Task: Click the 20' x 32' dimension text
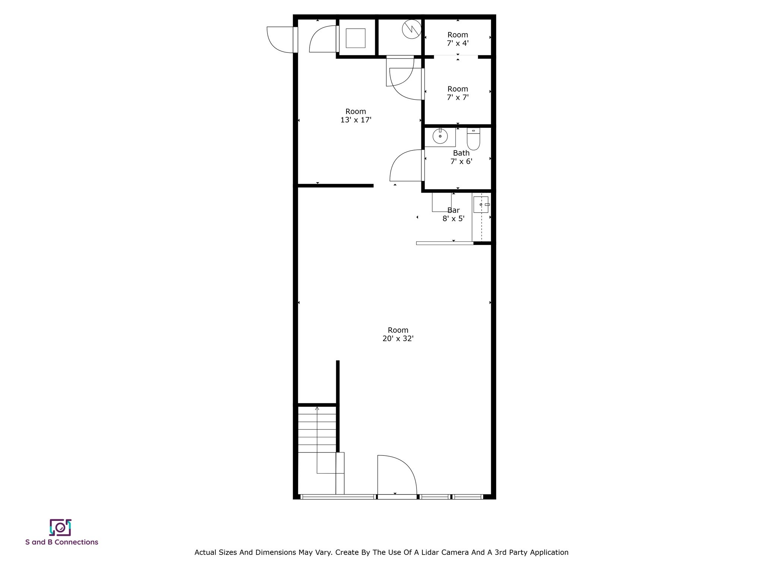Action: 398,339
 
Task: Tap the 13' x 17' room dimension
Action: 356,120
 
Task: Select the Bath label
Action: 461,153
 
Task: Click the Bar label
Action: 453,210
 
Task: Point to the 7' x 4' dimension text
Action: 458,43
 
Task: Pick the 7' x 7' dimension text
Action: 458,98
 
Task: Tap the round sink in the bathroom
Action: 440,136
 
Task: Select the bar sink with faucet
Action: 481,204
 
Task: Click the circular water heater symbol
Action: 412,29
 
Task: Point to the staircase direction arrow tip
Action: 317,408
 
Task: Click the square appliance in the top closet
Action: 355,38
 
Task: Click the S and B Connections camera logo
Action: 60,527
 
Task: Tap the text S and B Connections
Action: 62,542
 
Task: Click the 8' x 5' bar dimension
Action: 453,219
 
